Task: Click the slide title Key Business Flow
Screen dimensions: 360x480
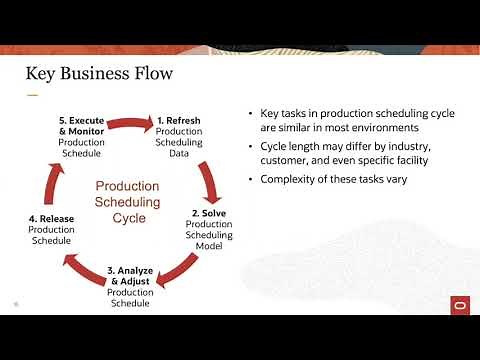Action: point(99,74)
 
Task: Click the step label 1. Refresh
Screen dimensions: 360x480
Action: point(179,121)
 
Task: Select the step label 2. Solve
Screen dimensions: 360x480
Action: point(208,213)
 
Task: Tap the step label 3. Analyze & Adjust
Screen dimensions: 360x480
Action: point(130,274)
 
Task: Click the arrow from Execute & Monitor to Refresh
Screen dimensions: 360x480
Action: point(130,123)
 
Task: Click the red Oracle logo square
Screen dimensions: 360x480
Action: point(462,304)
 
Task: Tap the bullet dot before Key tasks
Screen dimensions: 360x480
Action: point(250,114)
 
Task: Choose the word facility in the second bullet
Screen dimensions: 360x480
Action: point(405,159)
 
